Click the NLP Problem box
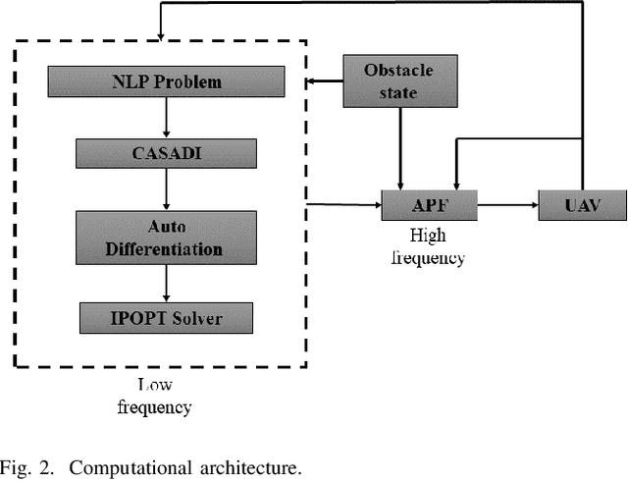point(166,81)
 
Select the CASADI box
point(166,152)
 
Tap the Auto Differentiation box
point(166,238)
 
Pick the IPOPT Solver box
point(166,318)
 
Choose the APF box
point(428,206)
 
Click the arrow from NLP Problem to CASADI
point(166,117)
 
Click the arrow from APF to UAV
point(507,206)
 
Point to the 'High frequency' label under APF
point(429,247)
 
